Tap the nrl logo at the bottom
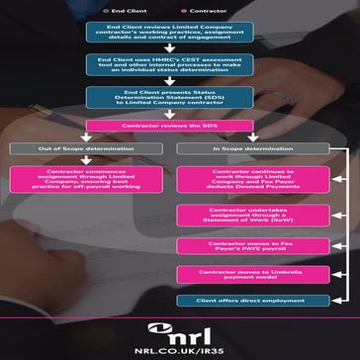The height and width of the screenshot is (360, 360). pos(179,330)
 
